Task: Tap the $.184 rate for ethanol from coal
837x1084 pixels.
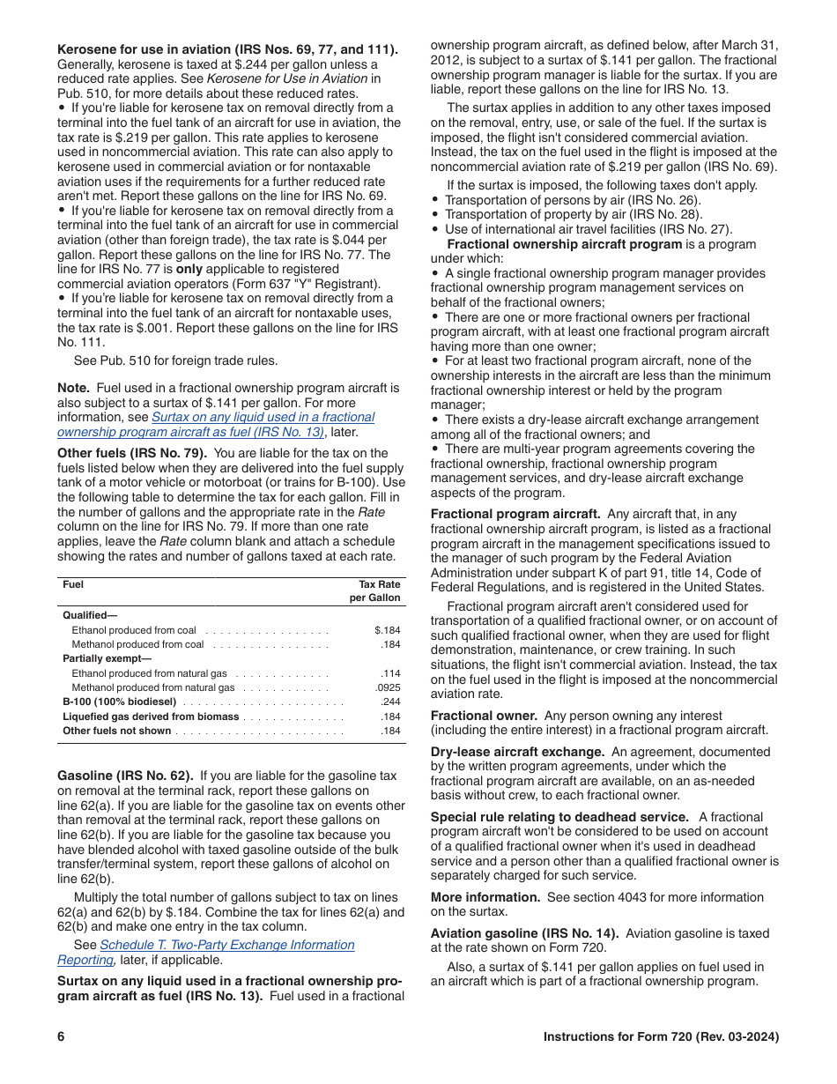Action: (x=387, y=630)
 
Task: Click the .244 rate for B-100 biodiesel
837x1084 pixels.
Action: (x=390, y=702)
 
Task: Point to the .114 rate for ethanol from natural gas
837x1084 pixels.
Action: (x=390, y=673)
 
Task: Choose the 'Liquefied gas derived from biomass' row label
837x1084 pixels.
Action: (x=151, y=716)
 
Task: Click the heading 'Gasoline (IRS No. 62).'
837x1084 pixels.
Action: (x=125, y=776)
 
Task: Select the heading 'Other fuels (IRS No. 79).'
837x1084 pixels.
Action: (x=130, y=453)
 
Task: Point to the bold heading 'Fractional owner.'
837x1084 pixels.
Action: (x=484, y=716)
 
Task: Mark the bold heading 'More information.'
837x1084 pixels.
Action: (x=485, y=897)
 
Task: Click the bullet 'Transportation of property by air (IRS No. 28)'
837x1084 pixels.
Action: (x=573, y=214)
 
